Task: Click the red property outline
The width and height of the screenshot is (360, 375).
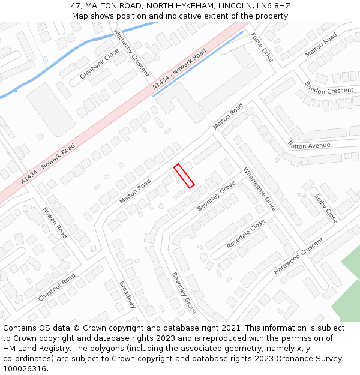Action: tap(184, 176)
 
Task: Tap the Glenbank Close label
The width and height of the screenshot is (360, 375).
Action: tap(100, 64)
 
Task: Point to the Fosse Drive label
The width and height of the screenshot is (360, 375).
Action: tap(262, 47)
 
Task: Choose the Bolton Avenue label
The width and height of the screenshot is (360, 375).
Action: tap(309, 145)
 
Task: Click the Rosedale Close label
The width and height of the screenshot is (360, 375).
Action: tap(245, 235)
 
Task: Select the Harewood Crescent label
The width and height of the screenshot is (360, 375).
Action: tap(298, 256)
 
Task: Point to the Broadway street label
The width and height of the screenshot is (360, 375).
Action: tap(127, 295)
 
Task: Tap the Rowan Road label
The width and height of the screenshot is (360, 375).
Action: tap(55, 223)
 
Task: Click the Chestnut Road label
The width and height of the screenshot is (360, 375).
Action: tap(56, 287)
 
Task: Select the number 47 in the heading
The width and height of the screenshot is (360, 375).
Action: tap(76, 5)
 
